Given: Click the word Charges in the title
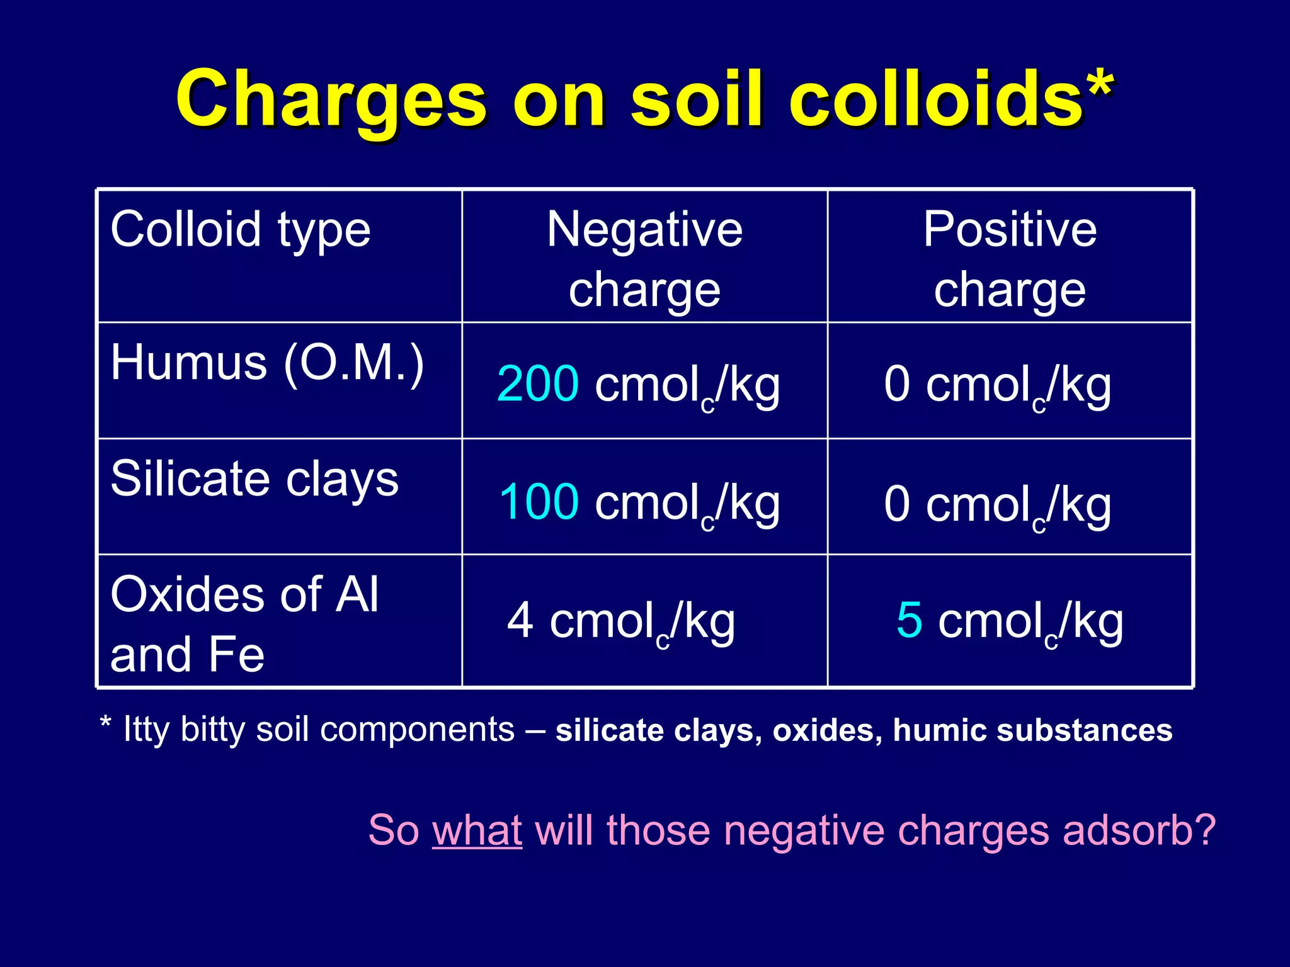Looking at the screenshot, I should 331,99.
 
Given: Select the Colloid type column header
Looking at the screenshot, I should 241,230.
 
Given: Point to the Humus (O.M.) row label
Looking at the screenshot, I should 267,363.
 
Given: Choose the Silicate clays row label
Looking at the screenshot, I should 254,479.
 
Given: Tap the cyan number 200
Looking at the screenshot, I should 537,383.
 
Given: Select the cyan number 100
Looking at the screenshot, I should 539,502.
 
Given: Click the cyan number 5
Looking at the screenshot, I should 909,620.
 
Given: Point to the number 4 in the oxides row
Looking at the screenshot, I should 520,621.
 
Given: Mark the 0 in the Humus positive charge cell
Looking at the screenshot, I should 896,383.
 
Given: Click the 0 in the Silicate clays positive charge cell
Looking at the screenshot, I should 896,504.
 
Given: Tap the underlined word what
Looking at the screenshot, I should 477,830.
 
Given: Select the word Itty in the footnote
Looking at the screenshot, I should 146,730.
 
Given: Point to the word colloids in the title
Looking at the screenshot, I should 935,99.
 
